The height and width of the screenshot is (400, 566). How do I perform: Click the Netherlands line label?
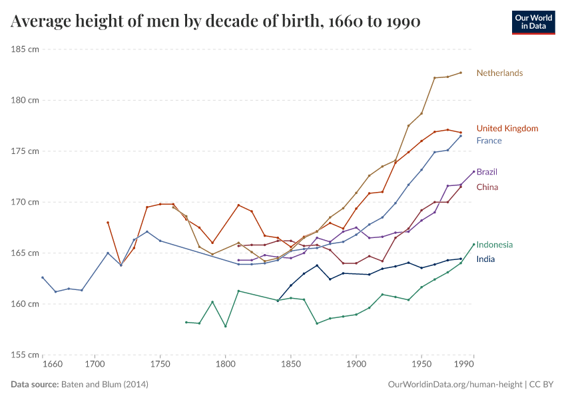pos(499,73)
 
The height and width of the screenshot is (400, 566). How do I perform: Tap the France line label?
pos(489,141)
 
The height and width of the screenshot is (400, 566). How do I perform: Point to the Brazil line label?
pos(487,172)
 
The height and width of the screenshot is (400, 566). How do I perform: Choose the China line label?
pos(487,187)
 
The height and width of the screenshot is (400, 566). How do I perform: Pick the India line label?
pos(485,259)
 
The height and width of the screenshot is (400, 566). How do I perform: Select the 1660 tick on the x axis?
pos(52,365)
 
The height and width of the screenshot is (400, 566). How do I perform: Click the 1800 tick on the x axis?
pos(225,365)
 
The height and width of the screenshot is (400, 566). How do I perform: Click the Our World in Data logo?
pos(533,22)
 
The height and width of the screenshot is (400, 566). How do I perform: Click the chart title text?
pos(215,22)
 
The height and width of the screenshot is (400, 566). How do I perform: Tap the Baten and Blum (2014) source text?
pos(105,385)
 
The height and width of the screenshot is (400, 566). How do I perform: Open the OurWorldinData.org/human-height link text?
pos(455,385)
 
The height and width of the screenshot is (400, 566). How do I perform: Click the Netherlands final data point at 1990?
pos(461,73)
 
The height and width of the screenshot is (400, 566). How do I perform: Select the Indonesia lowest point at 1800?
pos(225,326)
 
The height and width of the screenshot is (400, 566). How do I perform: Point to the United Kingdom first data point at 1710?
pos(108,223)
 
